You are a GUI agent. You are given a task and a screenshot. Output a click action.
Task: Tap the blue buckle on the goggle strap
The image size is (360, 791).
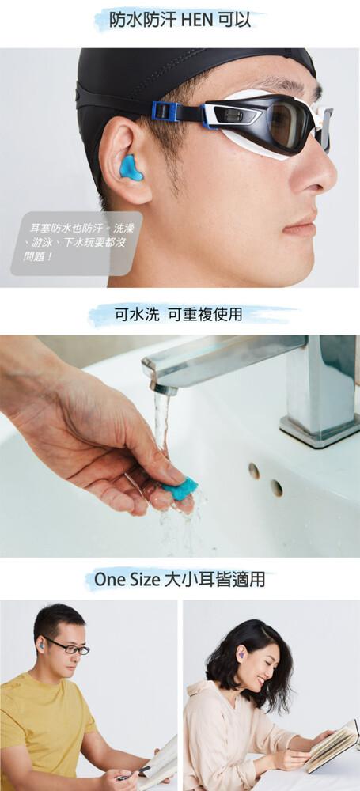pos(164,112)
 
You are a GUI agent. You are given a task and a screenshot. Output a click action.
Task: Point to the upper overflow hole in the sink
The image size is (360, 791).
pos(254,471)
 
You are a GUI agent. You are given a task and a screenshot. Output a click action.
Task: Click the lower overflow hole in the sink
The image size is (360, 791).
pos(277,488)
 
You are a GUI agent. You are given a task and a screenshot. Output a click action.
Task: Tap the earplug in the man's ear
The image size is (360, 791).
pos(40,645)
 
